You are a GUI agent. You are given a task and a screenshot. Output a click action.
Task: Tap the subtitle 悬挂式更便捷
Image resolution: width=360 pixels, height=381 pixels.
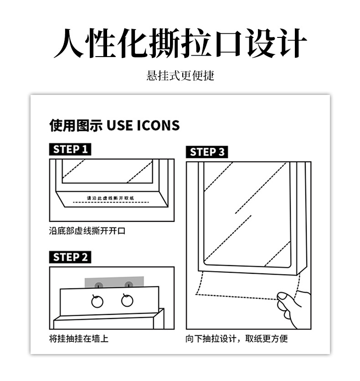click(x=180, y=75)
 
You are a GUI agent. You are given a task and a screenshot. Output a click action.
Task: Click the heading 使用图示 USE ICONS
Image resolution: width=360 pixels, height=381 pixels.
click(x=114, y=125)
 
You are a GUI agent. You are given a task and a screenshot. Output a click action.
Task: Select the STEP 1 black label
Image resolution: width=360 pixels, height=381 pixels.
click(x=70, y=149)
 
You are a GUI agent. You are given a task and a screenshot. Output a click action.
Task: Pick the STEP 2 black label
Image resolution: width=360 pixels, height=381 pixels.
click(x=70, y=257)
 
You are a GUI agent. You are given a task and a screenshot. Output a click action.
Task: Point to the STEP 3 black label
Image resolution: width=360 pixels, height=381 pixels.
click(x=206, y=152)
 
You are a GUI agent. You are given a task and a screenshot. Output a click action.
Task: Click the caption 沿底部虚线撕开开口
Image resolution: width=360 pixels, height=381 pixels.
click(x=87, y=230)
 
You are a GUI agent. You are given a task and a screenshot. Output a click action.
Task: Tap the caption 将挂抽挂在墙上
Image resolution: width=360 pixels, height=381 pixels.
click(x=79, y=339)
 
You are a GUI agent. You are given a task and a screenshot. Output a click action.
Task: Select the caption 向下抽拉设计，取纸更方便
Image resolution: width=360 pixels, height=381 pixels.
click(x=237, y=339)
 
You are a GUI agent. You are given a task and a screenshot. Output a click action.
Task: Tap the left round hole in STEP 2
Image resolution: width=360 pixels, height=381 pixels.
click(x=97, y=301)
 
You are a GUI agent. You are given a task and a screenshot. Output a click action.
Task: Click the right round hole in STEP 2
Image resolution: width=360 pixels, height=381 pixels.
click(x=127, y=300)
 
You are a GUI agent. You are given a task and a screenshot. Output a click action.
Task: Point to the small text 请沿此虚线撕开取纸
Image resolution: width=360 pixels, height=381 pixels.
click(x=111, y=198)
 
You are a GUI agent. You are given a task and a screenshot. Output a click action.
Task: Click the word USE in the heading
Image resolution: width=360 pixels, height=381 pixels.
click(x=119, y=125)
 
